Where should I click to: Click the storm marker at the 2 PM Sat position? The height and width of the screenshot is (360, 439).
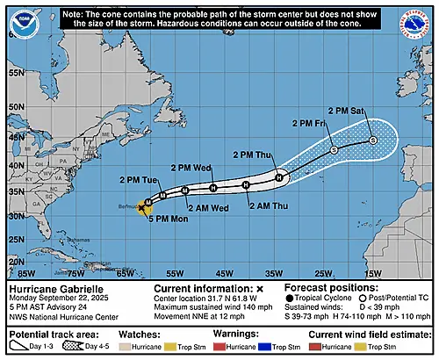click(x=372, y=140)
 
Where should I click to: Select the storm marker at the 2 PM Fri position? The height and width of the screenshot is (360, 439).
click(x=334, y=151)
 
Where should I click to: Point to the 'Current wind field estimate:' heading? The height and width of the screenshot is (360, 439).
click(x=364, y=334)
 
